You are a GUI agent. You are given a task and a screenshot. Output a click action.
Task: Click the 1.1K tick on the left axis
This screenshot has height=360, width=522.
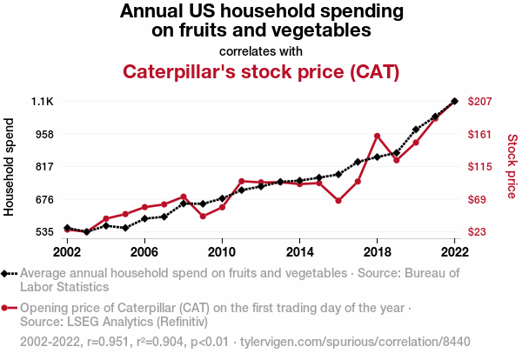(x=42, y=102)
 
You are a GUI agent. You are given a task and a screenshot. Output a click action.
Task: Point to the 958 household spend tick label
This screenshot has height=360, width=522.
(x=43, y=134)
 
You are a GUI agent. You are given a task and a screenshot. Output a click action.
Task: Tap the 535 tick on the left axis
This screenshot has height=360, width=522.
(x=43, y=232)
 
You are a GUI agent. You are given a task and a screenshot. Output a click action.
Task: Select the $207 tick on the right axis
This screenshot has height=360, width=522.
(x=480, y=102)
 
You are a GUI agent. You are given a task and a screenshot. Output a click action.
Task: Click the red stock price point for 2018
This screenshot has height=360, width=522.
(x=377, y=136)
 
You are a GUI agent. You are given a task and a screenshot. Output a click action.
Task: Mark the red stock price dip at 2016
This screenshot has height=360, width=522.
(x=338, y=201)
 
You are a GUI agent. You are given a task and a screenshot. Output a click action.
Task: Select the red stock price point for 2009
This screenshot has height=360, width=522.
(x=203, y=216)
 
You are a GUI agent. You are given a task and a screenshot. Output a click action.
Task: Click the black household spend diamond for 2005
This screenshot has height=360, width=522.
(x=125, y=228)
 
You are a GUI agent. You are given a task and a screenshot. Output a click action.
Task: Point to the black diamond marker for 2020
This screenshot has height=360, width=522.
(x=416, y=130)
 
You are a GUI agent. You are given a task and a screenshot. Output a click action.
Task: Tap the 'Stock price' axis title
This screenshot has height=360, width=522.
(x=512, y=165)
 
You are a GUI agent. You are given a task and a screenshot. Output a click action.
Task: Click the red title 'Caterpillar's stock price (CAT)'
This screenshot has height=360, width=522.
(x=261, y=71)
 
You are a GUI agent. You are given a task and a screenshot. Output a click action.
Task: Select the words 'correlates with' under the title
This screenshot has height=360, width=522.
(x=261, y=50)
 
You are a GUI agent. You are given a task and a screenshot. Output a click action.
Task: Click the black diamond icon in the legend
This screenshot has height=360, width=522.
(x=7, y=273)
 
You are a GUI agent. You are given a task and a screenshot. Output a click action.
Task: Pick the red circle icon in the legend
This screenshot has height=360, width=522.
(x=7, y=308)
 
